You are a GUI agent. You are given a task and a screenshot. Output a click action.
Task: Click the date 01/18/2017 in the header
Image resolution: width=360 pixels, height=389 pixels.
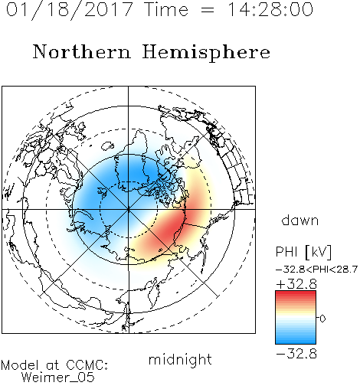(70, 10)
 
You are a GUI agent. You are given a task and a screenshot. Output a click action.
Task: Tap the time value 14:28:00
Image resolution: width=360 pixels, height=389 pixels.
(270, 9)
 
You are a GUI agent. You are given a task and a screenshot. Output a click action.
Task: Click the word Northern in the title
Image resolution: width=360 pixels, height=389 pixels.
(82, 52)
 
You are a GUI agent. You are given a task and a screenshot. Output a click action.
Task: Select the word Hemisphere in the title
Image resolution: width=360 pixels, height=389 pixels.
(206, 52)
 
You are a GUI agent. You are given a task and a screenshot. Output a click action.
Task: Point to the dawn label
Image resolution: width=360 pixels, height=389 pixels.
(300, 220)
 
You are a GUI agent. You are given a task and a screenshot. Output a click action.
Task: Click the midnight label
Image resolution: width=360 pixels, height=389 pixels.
(180, 359)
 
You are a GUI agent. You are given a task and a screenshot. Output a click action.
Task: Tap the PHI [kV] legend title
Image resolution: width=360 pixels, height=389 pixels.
(303, 252)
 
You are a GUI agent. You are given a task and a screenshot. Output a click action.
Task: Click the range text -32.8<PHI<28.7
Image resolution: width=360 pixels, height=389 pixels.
(316, 270)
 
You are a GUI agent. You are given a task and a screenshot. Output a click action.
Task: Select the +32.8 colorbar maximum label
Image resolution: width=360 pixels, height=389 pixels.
(296, 284)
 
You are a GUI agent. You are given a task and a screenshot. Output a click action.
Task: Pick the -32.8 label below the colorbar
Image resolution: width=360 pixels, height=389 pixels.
(296, 354)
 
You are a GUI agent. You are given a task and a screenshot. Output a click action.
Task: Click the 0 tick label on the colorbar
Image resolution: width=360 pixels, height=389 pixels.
(322, 319)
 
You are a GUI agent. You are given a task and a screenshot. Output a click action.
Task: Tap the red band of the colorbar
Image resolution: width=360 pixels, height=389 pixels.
(296, 297)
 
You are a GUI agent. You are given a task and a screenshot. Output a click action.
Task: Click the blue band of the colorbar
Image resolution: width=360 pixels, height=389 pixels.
(296, 338)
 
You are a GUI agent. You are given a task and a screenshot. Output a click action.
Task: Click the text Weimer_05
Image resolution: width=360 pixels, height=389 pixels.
(57, 377)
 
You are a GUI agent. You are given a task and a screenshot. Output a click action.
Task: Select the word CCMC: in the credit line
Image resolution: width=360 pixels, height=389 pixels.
(87, 365)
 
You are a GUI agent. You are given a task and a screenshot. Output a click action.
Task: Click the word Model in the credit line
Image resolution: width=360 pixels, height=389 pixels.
(20, 365)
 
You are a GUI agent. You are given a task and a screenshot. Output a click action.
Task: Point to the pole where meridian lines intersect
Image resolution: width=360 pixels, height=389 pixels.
(129, 209)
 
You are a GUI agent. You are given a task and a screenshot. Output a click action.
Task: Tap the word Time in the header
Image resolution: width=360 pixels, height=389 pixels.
(166, 9)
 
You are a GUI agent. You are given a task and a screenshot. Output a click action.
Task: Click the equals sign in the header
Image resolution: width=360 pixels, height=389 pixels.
(208, 10)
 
